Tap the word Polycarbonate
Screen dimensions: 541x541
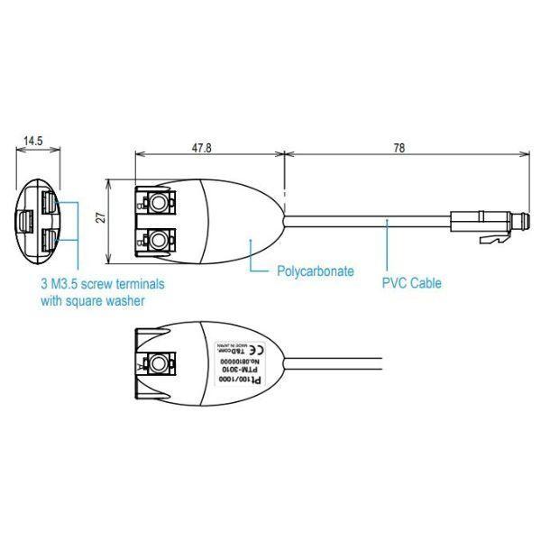pyautogui.click(x=315, y=270)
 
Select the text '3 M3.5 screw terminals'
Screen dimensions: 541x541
pyautogui.click(x=101, y=283)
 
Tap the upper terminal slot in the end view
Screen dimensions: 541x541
pyautogui.click(x=48, y=199)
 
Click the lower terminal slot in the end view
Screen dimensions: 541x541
pyautogui.click(x=48, y=240)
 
